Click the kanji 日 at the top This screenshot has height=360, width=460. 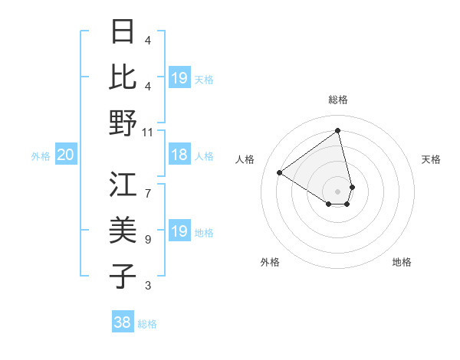click(x=123, y=31)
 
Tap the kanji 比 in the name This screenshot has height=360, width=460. click(x=123, y=77)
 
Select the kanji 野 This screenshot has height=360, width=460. click(x=123, y=123)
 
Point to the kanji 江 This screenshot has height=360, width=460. click(x=123, y=185)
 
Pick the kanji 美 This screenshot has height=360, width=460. click(x=123, y=231)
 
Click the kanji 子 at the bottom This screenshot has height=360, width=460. click(x=123, y=277)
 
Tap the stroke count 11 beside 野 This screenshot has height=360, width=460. click(x=148, y=132)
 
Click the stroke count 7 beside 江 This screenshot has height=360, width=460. click(x=148, y=185)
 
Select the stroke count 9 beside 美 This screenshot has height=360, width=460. click(x=148, y=239)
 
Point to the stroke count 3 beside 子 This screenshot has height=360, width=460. click(x=148, y=286)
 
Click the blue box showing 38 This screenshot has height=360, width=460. click(x=122, y=322)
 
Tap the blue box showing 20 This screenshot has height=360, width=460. click(x=65, y=155)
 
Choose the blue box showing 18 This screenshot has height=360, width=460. click(x=179, y=155)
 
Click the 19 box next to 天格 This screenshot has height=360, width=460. click(x=179, y=77)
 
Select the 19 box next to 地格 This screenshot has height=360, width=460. click(x=179, y=231)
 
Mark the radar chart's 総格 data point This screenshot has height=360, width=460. click(x=338, y=131)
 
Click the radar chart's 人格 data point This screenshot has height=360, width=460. click(x=280, y=172)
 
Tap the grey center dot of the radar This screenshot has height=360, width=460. click(x=338, y=190)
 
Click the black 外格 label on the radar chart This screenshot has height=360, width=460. click(x=270, y=262)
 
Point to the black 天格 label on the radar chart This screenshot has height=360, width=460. click(x=431, y=159)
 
